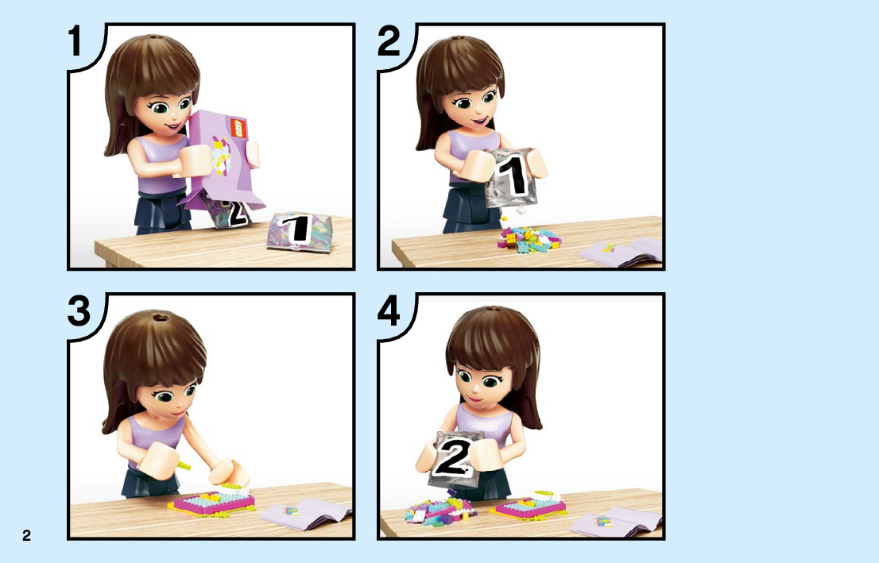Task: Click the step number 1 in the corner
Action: tap(76, 40)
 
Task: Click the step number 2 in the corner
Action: tap(389, 40)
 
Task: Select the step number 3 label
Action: tap(79, 311)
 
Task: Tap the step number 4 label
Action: tap(389, 311)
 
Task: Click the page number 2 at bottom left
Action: tap(26, 535)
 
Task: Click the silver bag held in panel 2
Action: tap(511, 176)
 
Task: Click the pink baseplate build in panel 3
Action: tap(212, 502)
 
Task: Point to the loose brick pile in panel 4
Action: tap(440, 509)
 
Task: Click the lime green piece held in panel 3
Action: tap(184, 465)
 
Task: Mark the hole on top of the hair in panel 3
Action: tap(161, 318)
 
